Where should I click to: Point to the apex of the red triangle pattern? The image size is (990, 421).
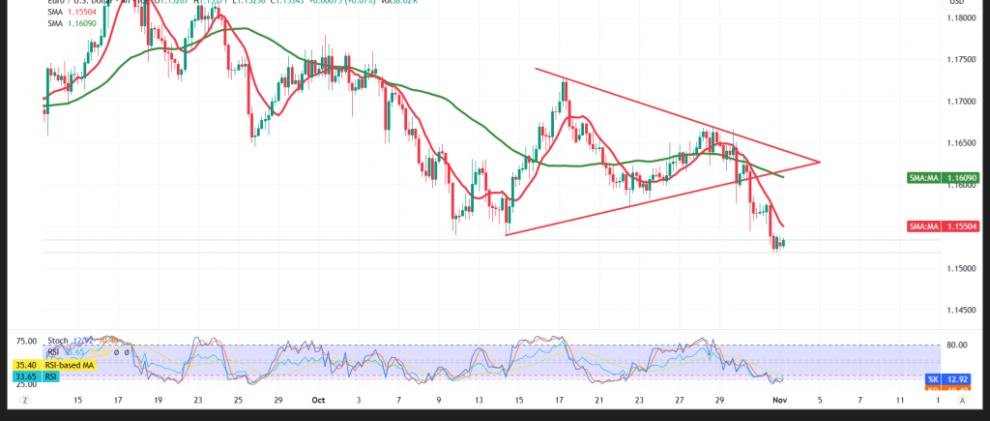pos(820,162)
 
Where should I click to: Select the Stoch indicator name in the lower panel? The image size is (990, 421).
pos(59,341)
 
